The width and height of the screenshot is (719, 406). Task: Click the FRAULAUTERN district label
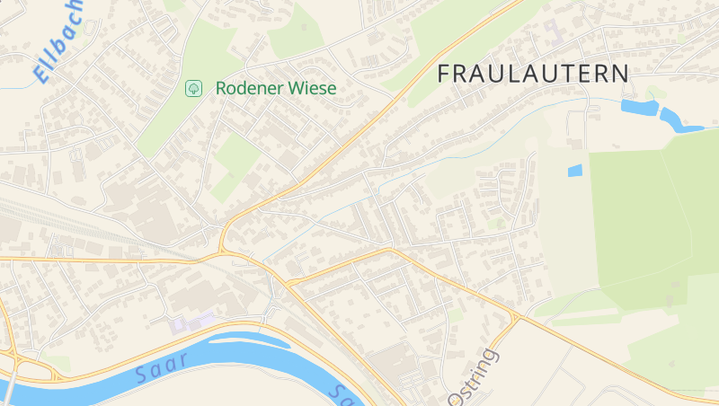click(533, 74)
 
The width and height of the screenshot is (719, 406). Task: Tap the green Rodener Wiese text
click(276, 88)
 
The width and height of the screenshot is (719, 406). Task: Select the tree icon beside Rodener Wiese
click(192, 88)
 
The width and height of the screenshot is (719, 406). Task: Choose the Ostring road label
click(471, 375)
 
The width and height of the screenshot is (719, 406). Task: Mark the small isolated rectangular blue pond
click(574, 170)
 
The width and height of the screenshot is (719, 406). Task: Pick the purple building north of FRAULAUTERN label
click(551, 31)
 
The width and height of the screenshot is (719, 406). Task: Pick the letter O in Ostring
click(454, 395)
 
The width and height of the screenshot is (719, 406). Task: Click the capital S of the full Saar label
click(141, 375)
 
